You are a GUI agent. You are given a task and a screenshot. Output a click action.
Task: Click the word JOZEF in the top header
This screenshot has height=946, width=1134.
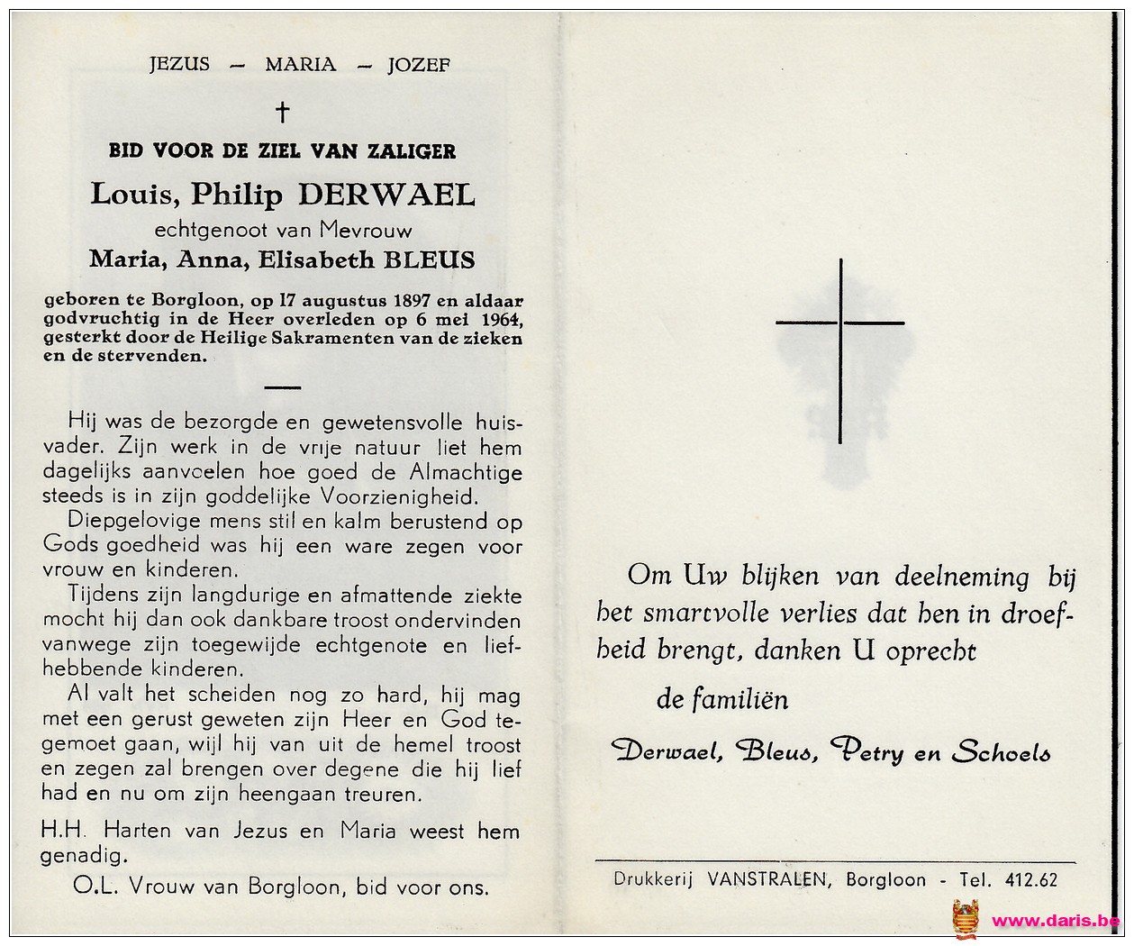pos(419,65)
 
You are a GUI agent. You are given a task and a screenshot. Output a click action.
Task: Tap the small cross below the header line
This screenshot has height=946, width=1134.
pos(282,113)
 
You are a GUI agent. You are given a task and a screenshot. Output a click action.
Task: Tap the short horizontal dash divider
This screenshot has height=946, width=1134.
pos(283,387)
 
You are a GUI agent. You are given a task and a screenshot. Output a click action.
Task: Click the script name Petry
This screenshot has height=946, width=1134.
pos(866,751)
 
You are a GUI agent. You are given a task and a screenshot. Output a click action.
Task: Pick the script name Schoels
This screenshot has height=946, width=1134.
pos(1002,751)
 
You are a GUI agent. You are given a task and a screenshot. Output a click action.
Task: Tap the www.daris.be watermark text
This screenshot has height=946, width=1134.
pos(1055,921)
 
